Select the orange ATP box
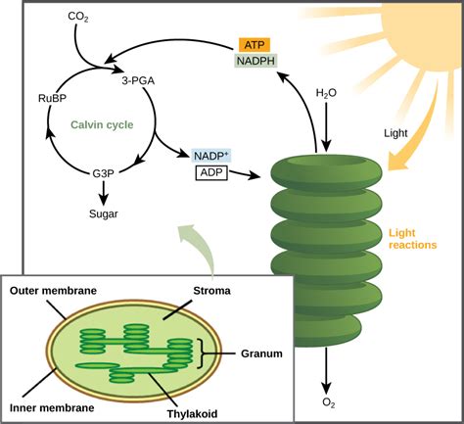tap(254, 44)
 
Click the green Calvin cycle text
tap(103, 125)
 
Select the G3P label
tap(105, 173)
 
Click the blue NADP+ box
tap(211, 155)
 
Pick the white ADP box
tap(209, 173)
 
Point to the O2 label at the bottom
tap(327, 400)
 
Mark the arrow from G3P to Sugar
tap(105, 193)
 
